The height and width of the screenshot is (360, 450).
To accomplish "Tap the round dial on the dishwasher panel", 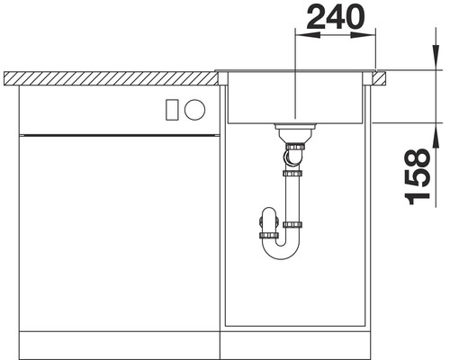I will (194, 109).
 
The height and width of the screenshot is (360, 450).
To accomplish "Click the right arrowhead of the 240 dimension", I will (369, 37).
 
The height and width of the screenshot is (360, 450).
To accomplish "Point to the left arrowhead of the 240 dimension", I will (302, 37).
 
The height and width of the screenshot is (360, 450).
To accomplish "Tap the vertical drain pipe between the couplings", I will (292, 193).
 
